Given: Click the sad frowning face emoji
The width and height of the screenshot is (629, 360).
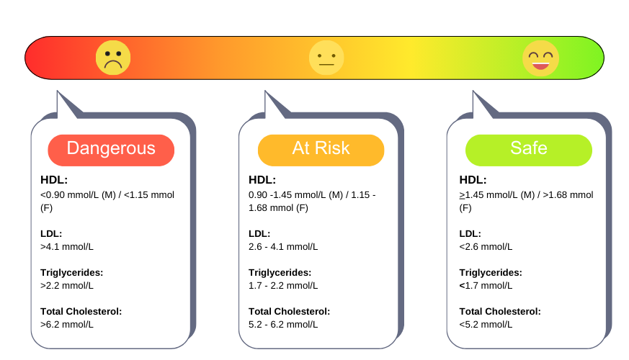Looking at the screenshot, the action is [113, 58].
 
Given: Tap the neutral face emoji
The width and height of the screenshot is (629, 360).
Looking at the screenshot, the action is [326, 58].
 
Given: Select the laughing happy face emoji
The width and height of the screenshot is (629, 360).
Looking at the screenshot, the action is [541, 58].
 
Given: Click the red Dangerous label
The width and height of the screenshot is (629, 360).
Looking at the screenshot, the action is [111, 150].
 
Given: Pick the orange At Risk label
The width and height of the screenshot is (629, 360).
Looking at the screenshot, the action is [321, 150].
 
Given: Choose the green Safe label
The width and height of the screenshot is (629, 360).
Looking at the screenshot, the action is [529, 150].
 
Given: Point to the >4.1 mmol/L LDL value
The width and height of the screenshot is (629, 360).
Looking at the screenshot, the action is [67, 246].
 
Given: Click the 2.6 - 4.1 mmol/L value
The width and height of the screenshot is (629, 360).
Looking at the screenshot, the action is [283, 246].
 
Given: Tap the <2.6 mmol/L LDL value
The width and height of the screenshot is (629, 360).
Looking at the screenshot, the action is [486, 246].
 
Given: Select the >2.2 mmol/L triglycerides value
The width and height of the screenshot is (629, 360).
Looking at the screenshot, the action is [67, 285].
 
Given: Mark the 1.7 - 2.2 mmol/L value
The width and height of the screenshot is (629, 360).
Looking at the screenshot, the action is [283, 285].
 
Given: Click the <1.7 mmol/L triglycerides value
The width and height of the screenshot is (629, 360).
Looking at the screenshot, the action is [486, 285].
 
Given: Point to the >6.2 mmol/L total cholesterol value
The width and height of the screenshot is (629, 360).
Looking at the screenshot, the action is [67, 324].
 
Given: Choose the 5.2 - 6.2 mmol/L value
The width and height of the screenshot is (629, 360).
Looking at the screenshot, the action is [283, 324].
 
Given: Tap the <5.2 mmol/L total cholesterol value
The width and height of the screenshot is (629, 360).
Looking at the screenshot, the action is [486, 324].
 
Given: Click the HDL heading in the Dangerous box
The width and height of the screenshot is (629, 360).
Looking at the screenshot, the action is [54, 180].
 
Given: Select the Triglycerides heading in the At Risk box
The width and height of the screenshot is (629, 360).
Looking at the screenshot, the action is [280, 273].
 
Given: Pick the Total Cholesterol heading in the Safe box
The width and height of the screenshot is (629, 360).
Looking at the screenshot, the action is [500, 312].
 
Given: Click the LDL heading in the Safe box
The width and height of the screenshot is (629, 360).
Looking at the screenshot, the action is [470, 234].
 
